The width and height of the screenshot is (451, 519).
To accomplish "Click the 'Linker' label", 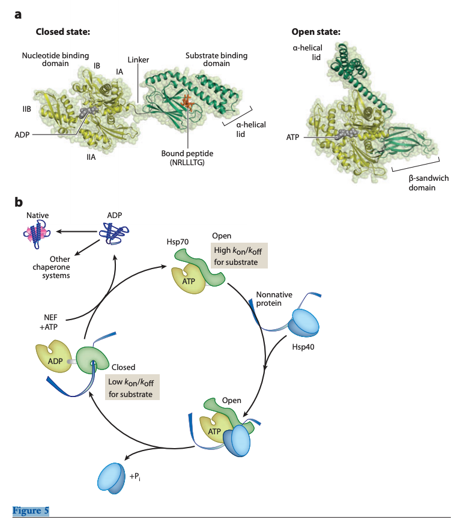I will point(138,60).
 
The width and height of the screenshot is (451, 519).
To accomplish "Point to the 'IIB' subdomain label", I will point(20,109).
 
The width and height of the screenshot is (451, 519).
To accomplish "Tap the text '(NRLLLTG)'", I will point(187,162).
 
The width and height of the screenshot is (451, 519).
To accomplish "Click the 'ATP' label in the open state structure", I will point(292,138).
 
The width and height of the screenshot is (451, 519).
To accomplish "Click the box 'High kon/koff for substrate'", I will point(239,256).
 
